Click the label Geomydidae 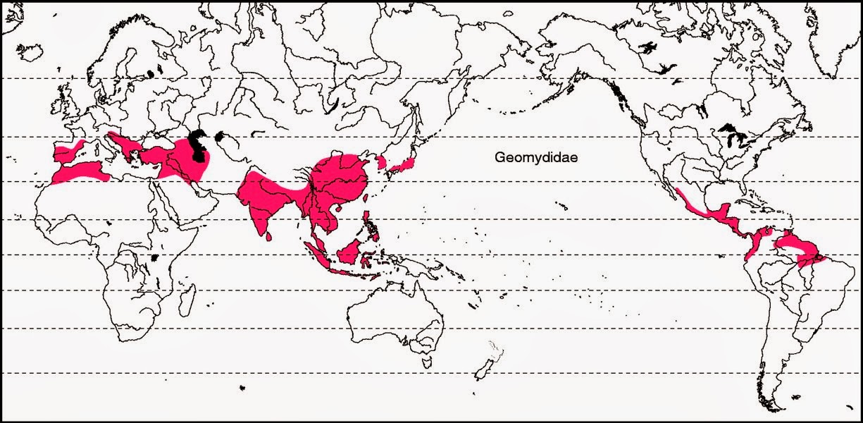coord(535,159)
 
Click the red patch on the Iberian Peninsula coord(69,150)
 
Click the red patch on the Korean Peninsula coord(381,163)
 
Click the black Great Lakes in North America coord(729,131)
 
